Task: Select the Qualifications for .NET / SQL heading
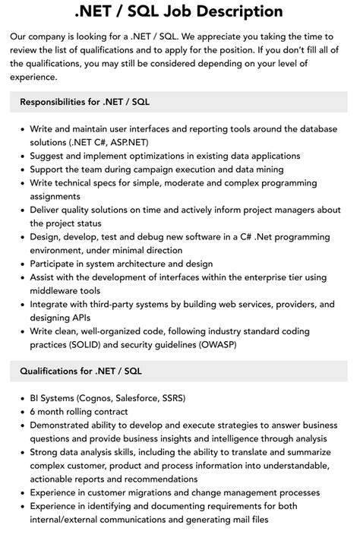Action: (81, 371)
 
